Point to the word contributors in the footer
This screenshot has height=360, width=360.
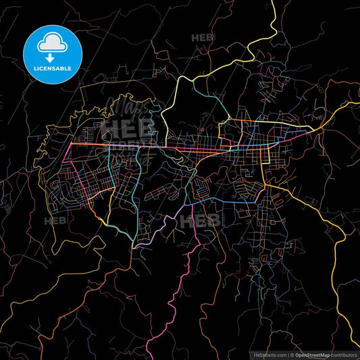click(344, 355)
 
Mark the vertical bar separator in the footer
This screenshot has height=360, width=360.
click(289, 355)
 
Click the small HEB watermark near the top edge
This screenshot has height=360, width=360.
click(203, 38)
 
